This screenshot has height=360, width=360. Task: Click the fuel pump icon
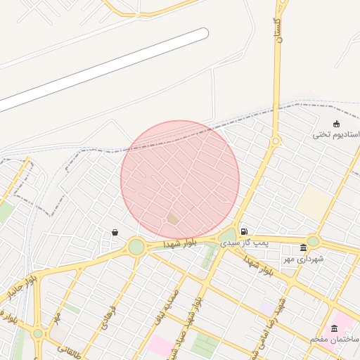point(243,231)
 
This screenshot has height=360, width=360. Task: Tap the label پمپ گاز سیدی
point(245,243)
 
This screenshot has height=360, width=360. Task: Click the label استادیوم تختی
point(336,134)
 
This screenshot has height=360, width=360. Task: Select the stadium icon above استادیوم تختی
point(336,124)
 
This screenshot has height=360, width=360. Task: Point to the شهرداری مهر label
point(303,259)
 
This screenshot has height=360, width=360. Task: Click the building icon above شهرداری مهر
point(303,247)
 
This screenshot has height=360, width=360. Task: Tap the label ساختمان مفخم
point(335,339)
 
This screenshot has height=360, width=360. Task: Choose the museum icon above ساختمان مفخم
point(334,328)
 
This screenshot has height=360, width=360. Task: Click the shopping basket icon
point(115,232)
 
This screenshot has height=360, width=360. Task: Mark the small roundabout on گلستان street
point(276,141)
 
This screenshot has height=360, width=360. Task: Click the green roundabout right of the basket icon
point(136,247)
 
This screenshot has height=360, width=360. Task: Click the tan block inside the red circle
point(173,219)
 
